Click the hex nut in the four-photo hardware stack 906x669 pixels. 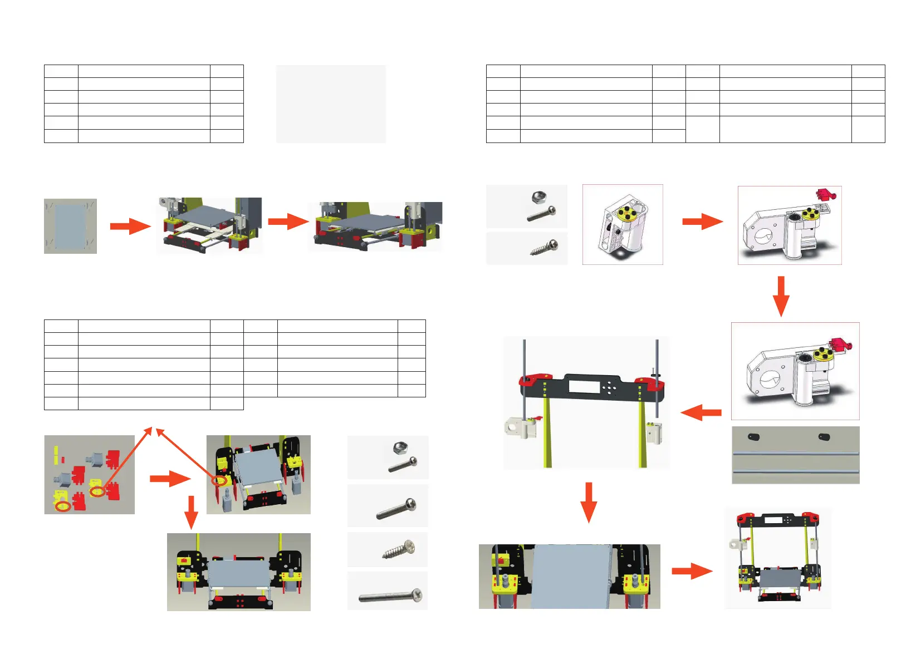tap(399, 446)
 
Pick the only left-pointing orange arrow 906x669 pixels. tap(701, 412)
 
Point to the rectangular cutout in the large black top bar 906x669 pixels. tap(584, 387)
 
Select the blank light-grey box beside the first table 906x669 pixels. tap(331, 104)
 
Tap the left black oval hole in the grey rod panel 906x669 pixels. tap(754, 437)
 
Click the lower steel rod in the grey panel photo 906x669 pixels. tap(795, 472)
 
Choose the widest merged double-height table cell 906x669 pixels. tap(785, 129)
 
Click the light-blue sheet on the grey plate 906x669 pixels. tap(70, 227)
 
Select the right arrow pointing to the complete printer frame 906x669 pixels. tap(692, 571)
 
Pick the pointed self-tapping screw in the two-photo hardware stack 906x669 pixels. tap(543, 248)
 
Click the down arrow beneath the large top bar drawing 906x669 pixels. tap(588, 502)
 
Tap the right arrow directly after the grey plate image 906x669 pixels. tap(130, 226)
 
